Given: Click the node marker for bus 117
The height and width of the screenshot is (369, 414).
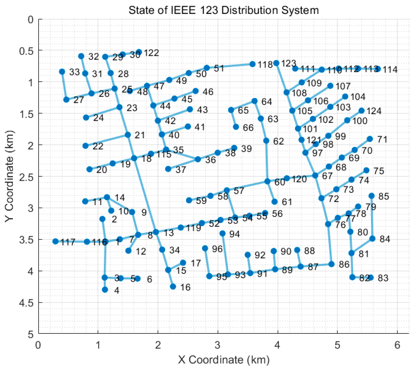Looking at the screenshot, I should click(x=55, y=241).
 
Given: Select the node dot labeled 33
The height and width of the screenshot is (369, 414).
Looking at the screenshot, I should click(x=62, y=72).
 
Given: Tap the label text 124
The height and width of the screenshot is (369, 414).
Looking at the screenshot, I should click(x=374, y=111).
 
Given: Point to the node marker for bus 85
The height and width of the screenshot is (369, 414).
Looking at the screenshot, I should click(x=371, y=196).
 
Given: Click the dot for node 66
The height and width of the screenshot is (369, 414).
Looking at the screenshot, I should click(x=236, y=127).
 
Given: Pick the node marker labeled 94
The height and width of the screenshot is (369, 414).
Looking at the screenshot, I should click(x=223, y=234).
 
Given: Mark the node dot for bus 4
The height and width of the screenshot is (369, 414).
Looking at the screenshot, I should click(x=105, y=289).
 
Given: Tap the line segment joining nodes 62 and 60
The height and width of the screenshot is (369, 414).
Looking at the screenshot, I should click(x=267, y=161).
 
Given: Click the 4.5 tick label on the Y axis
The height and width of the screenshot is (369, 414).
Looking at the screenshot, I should click(x=27, y=303).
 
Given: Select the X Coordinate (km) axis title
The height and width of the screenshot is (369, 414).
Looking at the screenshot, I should click(x=224, y=360).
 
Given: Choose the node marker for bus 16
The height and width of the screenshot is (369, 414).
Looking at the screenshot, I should click(x=173, y=287).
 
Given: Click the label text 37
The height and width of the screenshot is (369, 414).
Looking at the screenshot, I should click(x=181, y=170).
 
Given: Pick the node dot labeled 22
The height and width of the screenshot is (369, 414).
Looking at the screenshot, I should click(x=86, y=146).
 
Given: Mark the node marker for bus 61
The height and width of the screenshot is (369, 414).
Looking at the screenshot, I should click(x=274, y=202).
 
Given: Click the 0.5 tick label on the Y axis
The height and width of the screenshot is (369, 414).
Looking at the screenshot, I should click(x=27, y=51).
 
